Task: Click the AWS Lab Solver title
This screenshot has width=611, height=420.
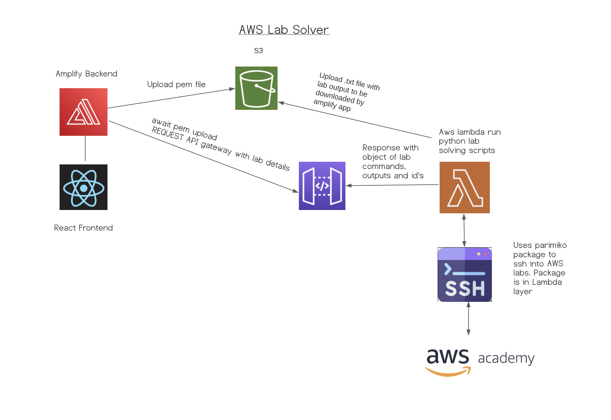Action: (x=284, y=30)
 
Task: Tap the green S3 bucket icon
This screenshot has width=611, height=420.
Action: (x=256, y=88)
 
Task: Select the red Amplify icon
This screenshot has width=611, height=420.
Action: (x=84, y=112)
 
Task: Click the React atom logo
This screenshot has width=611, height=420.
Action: (x=84, y=187)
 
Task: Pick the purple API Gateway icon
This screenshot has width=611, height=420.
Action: (x=322, y=186)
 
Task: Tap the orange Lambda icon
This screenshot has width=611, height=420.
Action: (x=465, y=187)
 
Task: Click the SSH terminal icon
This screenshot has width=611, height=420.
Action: (x=465, y=275)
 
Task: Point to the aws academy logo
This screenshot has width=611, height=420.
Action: (x=480, y=361)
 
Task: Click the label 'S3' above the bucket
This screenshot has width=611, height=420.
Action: (x=258, y=51)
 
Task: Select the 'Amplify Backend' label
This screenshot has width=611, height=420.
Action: (x=87, y=74)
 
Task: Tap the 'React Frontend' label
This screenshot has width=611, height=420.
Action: (x=83, y=228)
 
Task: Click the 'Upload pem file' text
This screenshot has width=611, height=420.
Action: (x=176, y=85)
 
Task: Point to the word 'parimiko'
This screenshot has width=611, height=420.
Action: (x=550, y=246)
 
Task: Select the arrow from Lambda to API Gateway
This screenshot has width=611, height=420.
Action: (x=393, y=185)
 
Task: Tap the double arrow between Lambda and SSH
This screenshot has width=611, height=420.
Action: (x=464, y=230)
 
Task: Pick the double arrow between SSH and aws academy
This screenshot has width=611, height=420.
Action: (x=469, y=318)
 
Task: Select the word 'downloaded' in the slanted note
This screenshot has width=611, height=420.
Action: (x=335, y=97)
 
